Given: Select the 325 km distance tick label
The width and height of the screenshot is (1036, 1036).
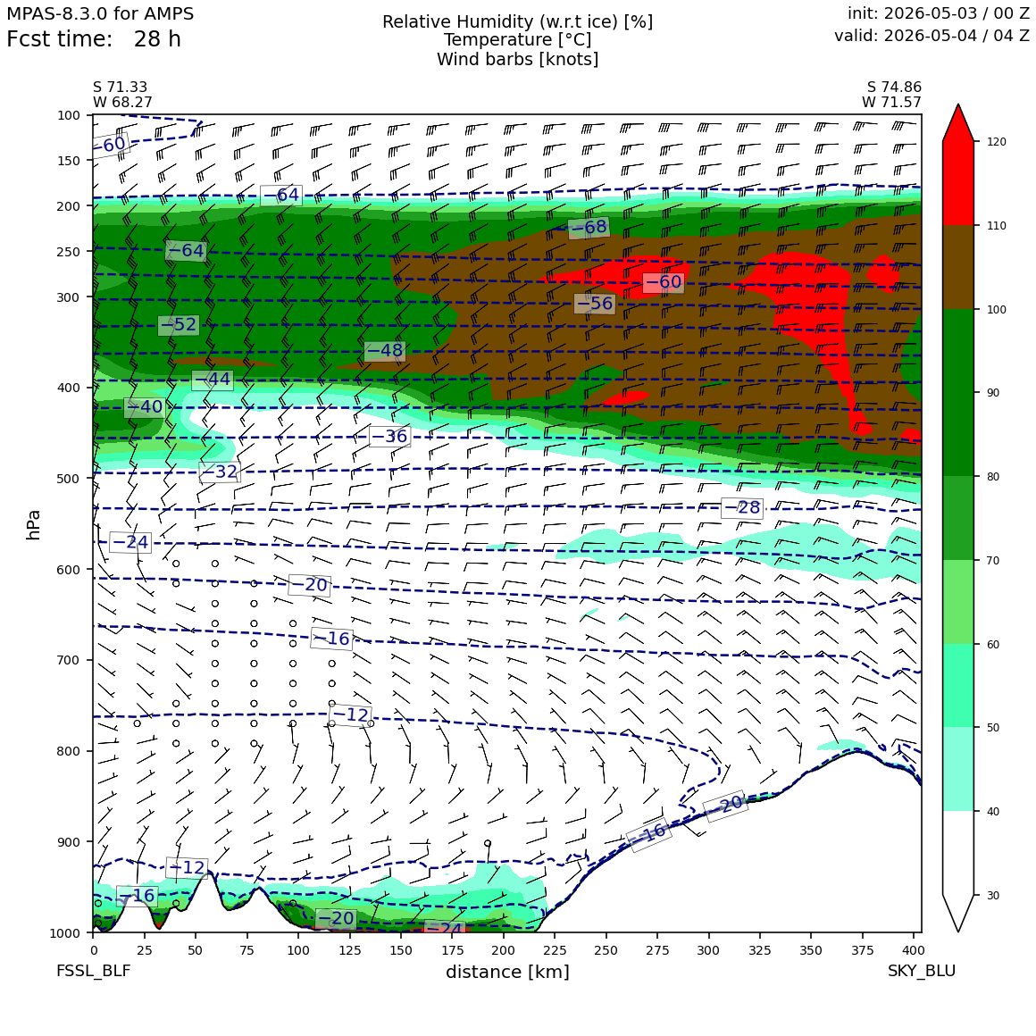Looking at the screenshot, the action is pyautogui.click(x=760, y=950).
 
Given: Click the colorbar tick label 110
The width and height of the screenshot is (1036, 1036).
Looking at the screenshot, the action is pyautogui.click(x=997, y=226).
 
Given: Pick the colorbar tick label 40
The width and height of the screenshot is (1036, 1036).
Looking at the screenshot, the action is pyautogui.click(x=993, y=811).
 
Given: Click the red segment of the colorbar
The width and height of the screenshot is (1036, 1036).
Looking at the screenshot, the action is pyautogui.click(x=958, y=183).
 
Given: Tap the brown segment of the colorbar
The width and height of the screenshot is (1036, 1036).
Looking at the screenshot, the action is pyautogui.click(x=958, y=267).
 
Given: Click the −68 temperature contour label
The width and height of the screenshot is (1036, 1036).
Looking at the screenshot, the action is pyautogui.click(x=588, y=227).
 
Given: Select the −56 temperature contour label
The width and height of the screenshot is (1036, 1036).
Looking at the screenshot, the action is pyautogui.click(x=595, y=304).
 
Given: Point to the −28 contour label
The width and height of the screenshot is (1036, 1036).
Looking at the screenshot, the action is pyautogui.click(x=742, y=507).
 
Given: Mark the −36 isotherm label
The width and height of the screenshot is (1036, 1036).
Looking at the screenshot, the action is pyautogui.click(x=389, y=436).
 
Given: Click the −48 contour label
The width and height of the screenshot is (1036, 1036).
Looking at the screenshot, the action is pyautogui.click(x=384, y=350).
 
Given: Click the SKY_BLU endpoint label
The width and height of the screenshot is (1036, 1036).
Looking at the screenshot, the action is pyautogui.click(x=921, y=971).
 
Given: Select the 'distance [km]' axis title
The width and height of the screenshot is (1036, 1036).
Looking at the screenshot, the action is pyautogui.click(x=507, y=972).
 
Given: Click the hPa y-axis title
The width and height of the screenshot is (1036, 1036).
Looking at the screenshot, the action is pyautogui.click(x=33, y=524).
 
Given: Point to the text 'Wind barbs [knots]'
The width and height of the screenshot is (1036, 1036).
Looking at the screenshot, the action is pyautogui.click(x=517, y=60).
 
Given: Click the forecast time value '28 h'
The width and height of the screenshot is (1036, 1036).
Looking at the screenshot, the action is pyautogui.click(x=157, y=39).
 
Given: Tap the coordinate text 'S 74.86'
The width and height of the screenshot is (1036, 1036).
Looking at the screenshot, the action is pyautogui.click(x=894, y=88).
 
